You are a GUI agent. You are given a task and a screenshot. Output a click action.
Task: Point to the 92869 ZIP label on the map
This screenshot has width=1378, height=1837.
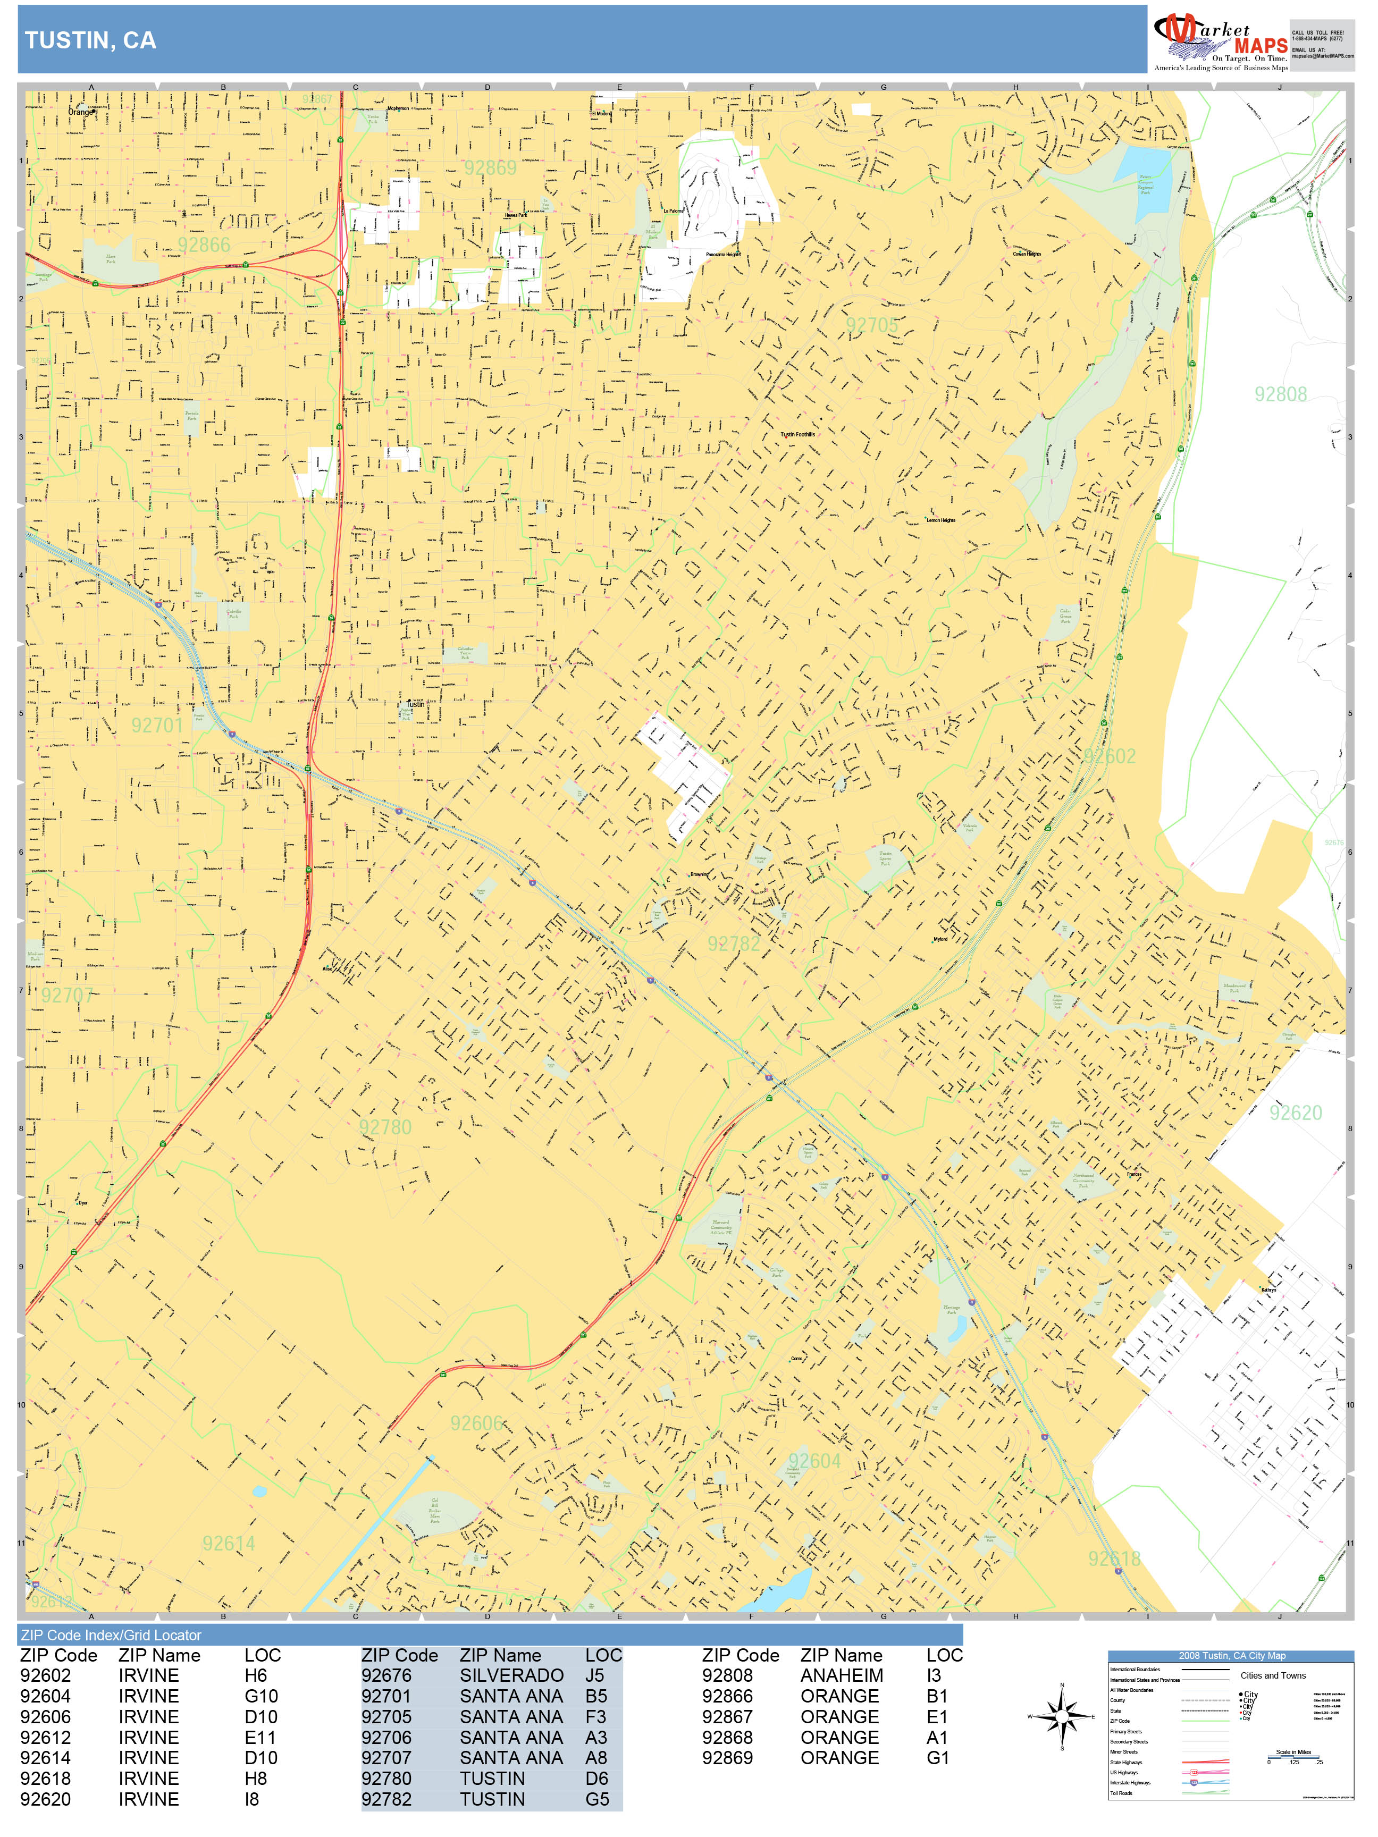tap(490, 168)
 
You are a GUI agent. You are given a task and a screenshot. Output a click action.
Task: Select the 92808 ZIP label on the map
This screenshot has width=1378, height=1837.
tap(1280, 394)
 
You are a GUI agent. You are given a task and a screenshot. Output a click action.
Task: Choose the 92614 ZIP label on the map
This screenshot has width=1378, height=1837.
tap(229, 1543)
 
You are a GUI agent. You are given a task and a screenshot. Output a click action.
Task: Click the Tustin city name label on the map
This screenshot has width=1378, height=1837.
tap(415, 703)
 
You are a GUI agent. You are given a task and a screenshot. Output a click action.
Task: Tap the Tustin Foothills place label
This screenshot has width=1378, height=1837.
tap(797, 434)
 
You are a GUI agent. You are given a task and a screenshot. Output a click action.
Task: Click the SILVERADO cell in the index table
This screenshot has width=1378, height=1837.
tap(511, 1676)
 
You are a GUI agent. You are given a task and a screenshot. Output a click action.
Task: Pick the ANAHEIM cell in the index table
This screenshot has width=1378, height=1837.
tap(842, 1676)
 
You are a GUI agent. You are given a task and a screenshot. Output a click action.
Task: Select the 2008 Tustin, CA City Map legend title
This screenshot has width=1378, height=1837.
tap(1231, 1655)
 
